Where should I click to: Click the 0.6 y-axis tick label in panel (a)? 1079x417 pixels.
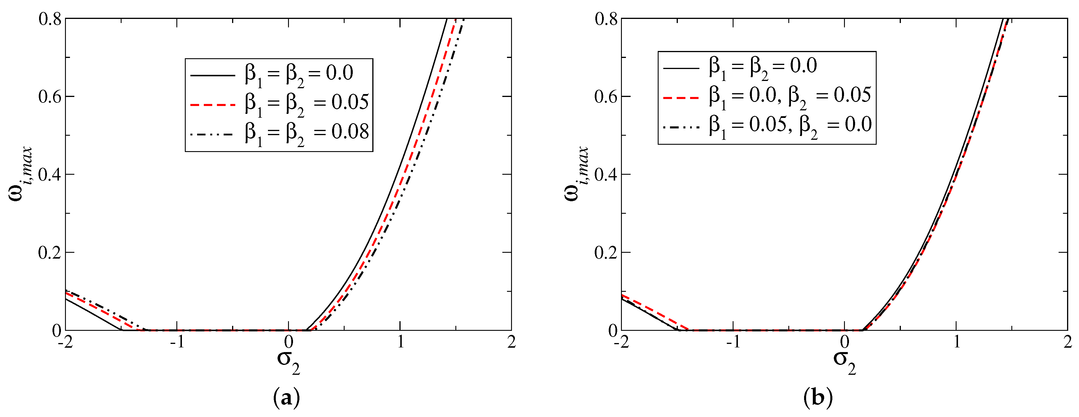point(50,97)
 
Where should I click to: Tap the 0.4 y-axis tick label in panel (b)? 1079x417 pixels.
point(606,175)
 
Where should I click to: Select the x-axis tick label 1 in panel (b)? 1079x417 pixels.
point(957,342)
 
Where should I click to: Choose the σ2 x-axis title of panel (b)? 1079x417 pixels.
point(844,361)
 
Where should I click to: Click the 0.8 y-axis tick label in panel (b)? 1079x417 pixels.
point(606,19)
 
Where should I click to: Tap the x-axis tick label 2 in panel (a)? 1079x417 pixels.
point(511,342)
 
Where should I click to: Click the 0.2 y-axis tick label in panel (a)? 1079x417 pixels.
point(50,253)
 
